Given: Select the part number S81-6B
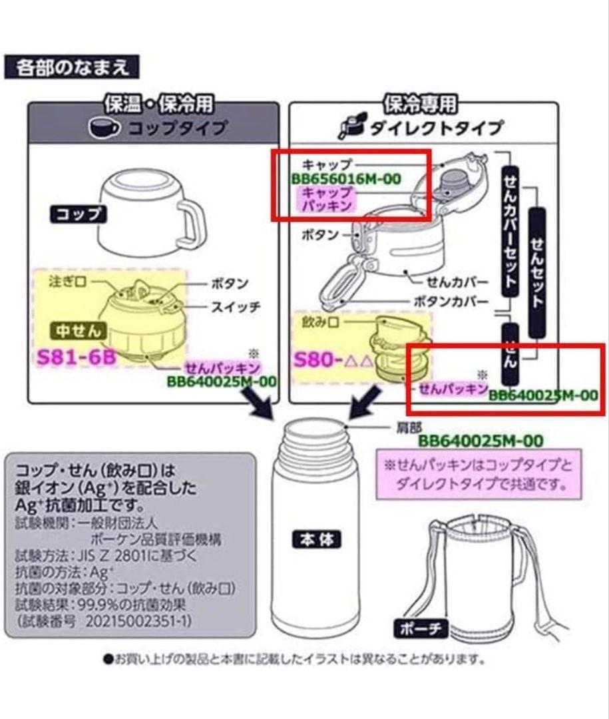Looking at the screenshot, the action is [x=76, y=357].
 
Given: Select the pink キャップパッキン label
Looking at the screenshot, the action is [x=326, y=199].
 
